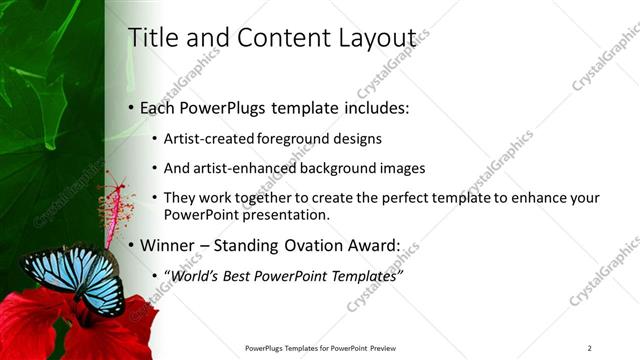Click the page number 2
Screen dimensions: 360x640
pos(589,348)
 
